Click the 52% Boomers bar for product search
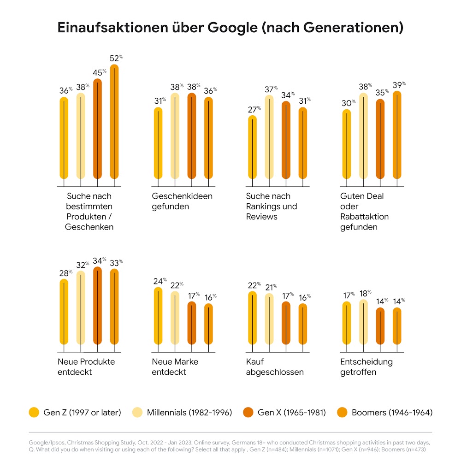[x=114, y=122]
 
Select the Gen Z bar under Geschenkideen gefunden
[x=158, y=143]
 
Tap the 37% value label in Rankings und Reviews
[x=271, y=89]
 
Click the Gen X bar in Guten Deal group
[x=380, y=139]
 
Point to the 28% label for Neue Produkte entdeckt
[x=65, y=272]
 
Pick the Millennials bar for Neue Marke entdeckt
[x=175, y=318]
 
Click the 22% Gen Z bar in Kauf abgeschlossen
[x=253, y=318]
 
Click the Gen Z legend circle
[x=34, y=412]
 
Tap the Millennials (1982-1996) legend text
[x=189, y=412]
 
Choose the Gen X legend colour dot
[x=248, y=412]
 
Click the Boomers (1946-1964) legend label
[x=392, y=412]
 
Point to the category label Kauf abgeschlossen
[x=275, y=366]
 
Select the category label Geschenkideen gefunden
[x=182, y=201]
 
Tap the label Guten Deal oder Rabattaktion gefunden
[x=364, y=211]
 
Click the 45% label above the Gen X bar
[x=99, y=72]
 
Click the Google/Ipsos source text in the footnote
[x=46, y=443]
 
